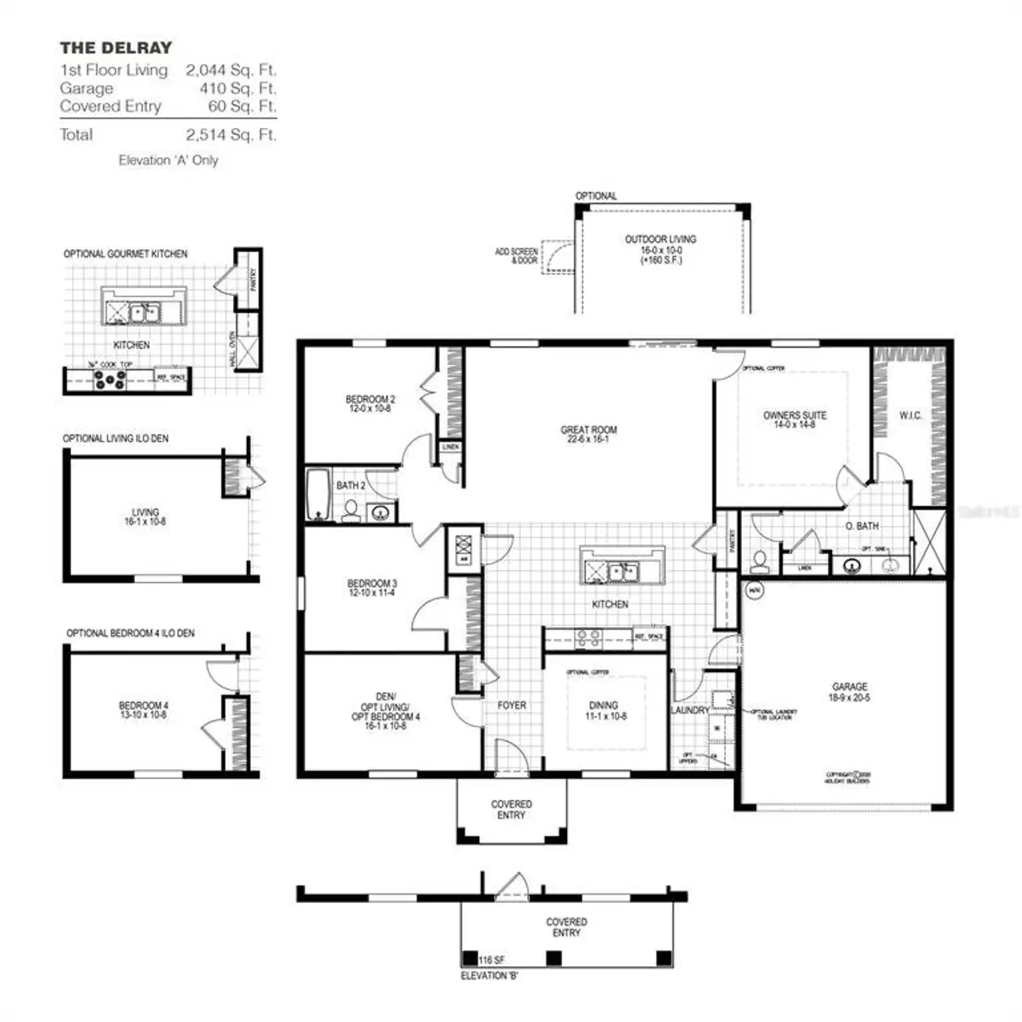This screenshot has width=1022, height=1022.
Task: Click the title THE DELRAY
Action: [x=116, y=48]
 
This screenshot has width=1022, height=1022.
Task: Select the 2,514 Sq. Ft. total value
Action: [x=231, y=135]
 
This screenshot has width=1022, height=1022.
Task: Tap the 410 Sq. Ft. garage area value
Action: [x=237, y=89]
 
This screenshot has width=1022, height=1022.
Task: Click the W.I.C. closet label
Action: [x=910, y=416]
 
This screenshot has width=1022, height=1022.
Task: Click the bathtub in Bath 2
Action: [x=318, y=494]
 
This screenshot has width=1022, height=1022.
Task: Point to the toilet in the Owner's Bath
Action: [x=759, y=561]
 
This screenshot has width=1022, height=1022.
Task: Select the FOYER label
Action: [x=512, y=705]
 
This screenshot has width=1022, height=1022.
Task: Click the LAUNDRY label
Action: [x=689, y=710]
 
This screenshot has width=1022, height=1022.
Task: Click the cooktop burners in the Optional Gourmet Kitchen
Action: [x=110, y=381]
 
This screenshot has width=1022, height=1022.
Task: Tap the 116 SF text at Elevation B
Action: [x=492, y=960]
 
